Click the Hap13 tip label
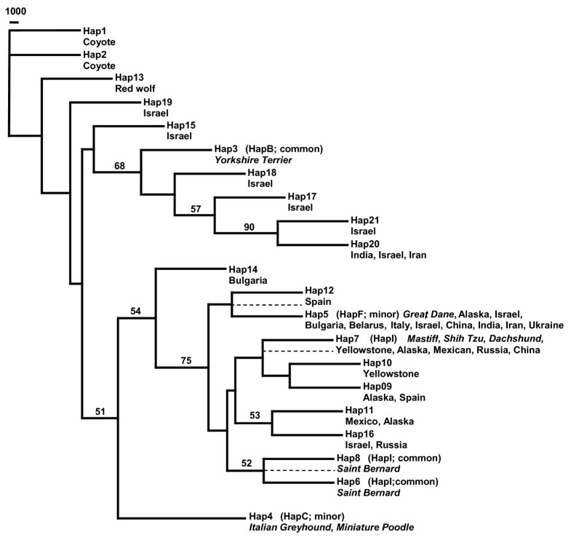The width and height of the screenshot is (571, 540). click(129, 77)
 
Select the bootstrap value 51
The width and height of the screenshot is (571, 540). click(100, 413)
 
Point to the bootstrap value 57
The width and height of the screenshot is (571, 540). click(194, 209)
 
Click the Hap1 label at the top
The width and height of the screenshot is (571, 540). click(94, 31)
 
